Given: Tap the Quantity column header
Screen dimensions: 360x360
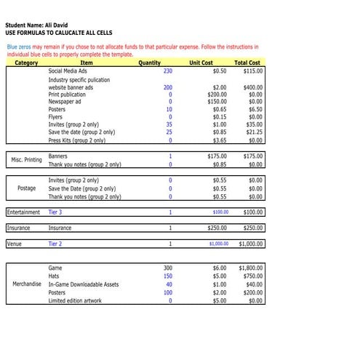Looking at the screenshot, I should click(149, 63).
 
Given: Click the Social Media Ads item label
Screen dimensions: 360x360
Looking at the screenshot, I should click(68, 71).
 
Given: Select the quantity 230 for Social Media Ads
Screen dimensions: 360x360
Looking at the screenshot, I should click(168, 71).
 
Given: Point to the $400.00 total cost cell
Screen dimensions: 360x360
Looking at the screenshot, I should click(252, 87).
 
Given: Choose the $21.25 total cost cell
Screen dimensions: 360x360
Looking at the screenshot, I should click(253, 132).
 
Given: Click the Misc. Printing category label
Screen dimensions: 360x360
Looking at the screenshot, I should click(23, 160).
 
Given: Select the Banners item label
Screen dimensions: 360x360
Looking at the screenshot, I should click(58, 156).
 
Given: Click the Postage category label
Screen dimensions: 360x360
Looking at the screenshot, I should click(26, 188).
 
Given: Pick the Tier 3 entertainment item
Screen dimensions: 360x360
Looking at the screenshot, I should click(55, 212).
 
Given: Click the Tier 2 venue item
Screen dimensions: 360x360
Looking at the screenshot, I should click(55, 244).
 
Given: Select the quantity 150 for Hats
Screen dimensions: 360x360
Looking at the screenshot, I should click(167, 276).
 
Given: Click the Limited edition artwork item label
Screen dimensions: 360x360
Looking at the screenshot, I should click(75, 300).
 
